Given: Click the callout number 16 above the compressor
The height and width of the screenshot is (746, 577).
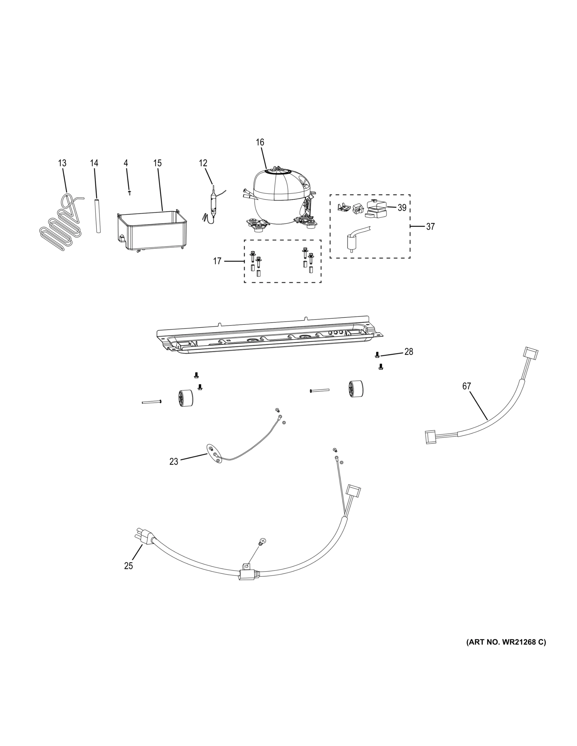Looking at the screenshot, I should (260, 142).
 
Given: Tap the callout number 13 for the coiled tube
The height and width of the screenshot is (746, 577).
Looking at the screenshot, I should (62, 163).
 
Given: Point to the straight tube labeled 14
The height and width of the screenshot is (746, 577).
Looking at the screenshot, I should (98, 215).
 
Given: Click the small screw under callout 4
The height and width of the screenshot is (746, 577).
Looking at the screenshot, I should (129, 193).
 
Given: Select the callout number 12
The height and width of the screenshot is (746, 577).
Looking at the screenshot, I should (203, 163).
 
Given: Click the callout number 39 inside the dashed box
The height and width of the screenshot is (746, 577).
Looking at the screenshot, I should (402, 208).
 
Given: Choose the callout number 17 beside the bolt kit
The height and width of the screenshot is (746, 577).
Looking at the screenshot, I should (217, 261).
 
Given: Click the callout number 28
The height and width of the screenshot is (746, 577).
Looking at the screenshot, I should (408, 352).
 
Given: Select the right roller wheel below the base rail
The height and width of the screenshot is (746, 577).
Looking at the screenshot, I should (356, 389).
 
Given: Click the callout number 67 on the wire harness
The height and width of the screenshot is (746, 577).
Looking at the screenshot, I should (466, 386).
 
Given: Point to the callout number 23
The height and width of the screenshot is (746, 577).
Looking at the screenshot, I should (174, 462).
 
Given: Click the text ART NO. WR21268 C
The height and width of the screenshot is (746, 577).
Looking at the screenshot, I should (506, 642).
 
